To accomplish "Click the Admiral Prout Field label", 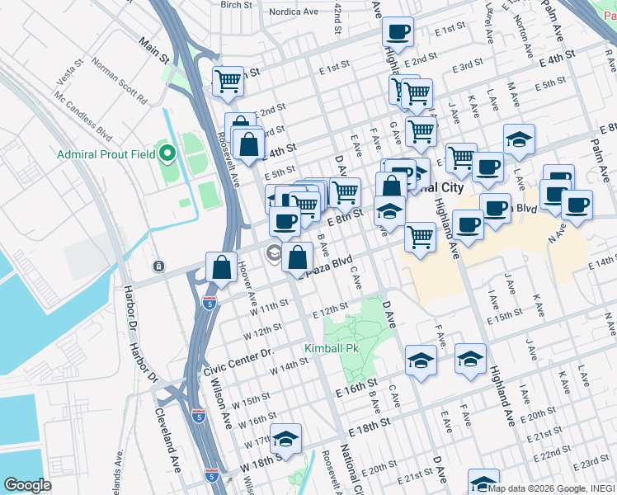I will [x=106, y=154].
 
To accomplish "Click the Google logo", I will [x=27, y=485].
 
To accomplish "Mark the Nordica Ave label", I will [x=293, y=12].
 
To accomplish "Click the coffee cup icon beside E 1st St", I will [x=398, y=32].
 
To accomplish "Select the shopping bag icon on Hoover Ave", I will [x=222, y=267].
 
